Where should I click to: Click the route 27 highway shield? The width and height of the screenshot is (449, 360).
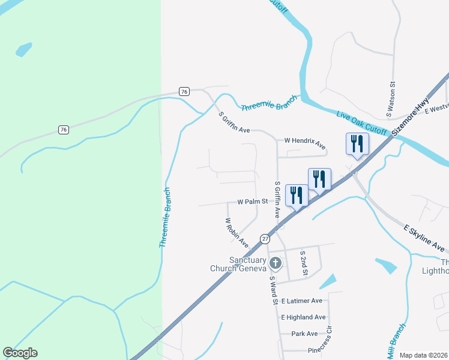pyautogui.click(x=265, y=239)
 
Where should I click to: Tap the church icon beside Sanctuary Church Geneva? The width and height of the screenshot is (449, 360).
pyautogui.click(x=275, y=263)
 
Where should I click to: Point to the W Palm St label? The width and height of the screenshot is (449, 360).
pyautogui.click(x=252, y=202)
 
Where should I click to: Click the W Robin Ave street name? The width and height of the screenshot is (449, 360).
pyautogui.click(x=237, y=233)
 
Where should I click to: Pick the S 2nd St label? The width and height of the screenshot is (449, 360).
pyautogui.click(x=304, y=263)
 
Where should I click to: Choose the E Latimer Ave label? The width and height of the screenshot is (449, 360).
pyautogui.click(x=305, y=301)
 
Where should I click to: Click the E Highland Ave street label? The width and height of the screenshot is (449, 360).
pyautogui.click(x=303, y=317)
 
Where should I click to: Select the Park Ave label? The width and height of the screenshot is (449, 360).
pyautogui.click(x=304, y=334)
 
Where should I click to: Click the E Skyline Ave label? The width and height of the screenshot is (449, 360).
pyautogui.click(x=424, y=238)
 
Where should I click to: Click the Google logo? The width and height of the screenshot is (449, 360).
pyautogui.click(x=20, y=353)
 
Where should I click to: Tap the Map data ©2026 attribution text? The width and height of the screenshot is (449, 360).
pyautogui.click(x=424, y=355)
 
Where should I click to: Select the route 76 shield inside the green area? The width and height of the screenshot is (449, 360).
pyautogui.click(x=63, y=130)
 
